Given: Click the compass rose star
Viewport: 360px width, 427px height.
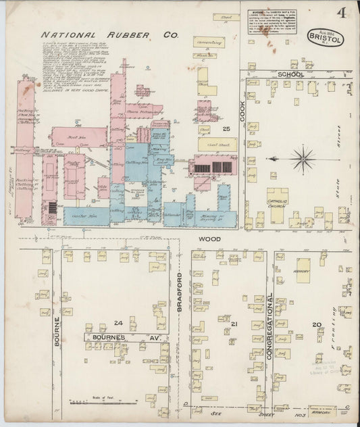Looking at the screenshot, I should click(304, 160).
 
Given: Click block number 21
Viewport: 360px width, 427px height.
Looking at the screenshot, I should click(234, 325).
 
